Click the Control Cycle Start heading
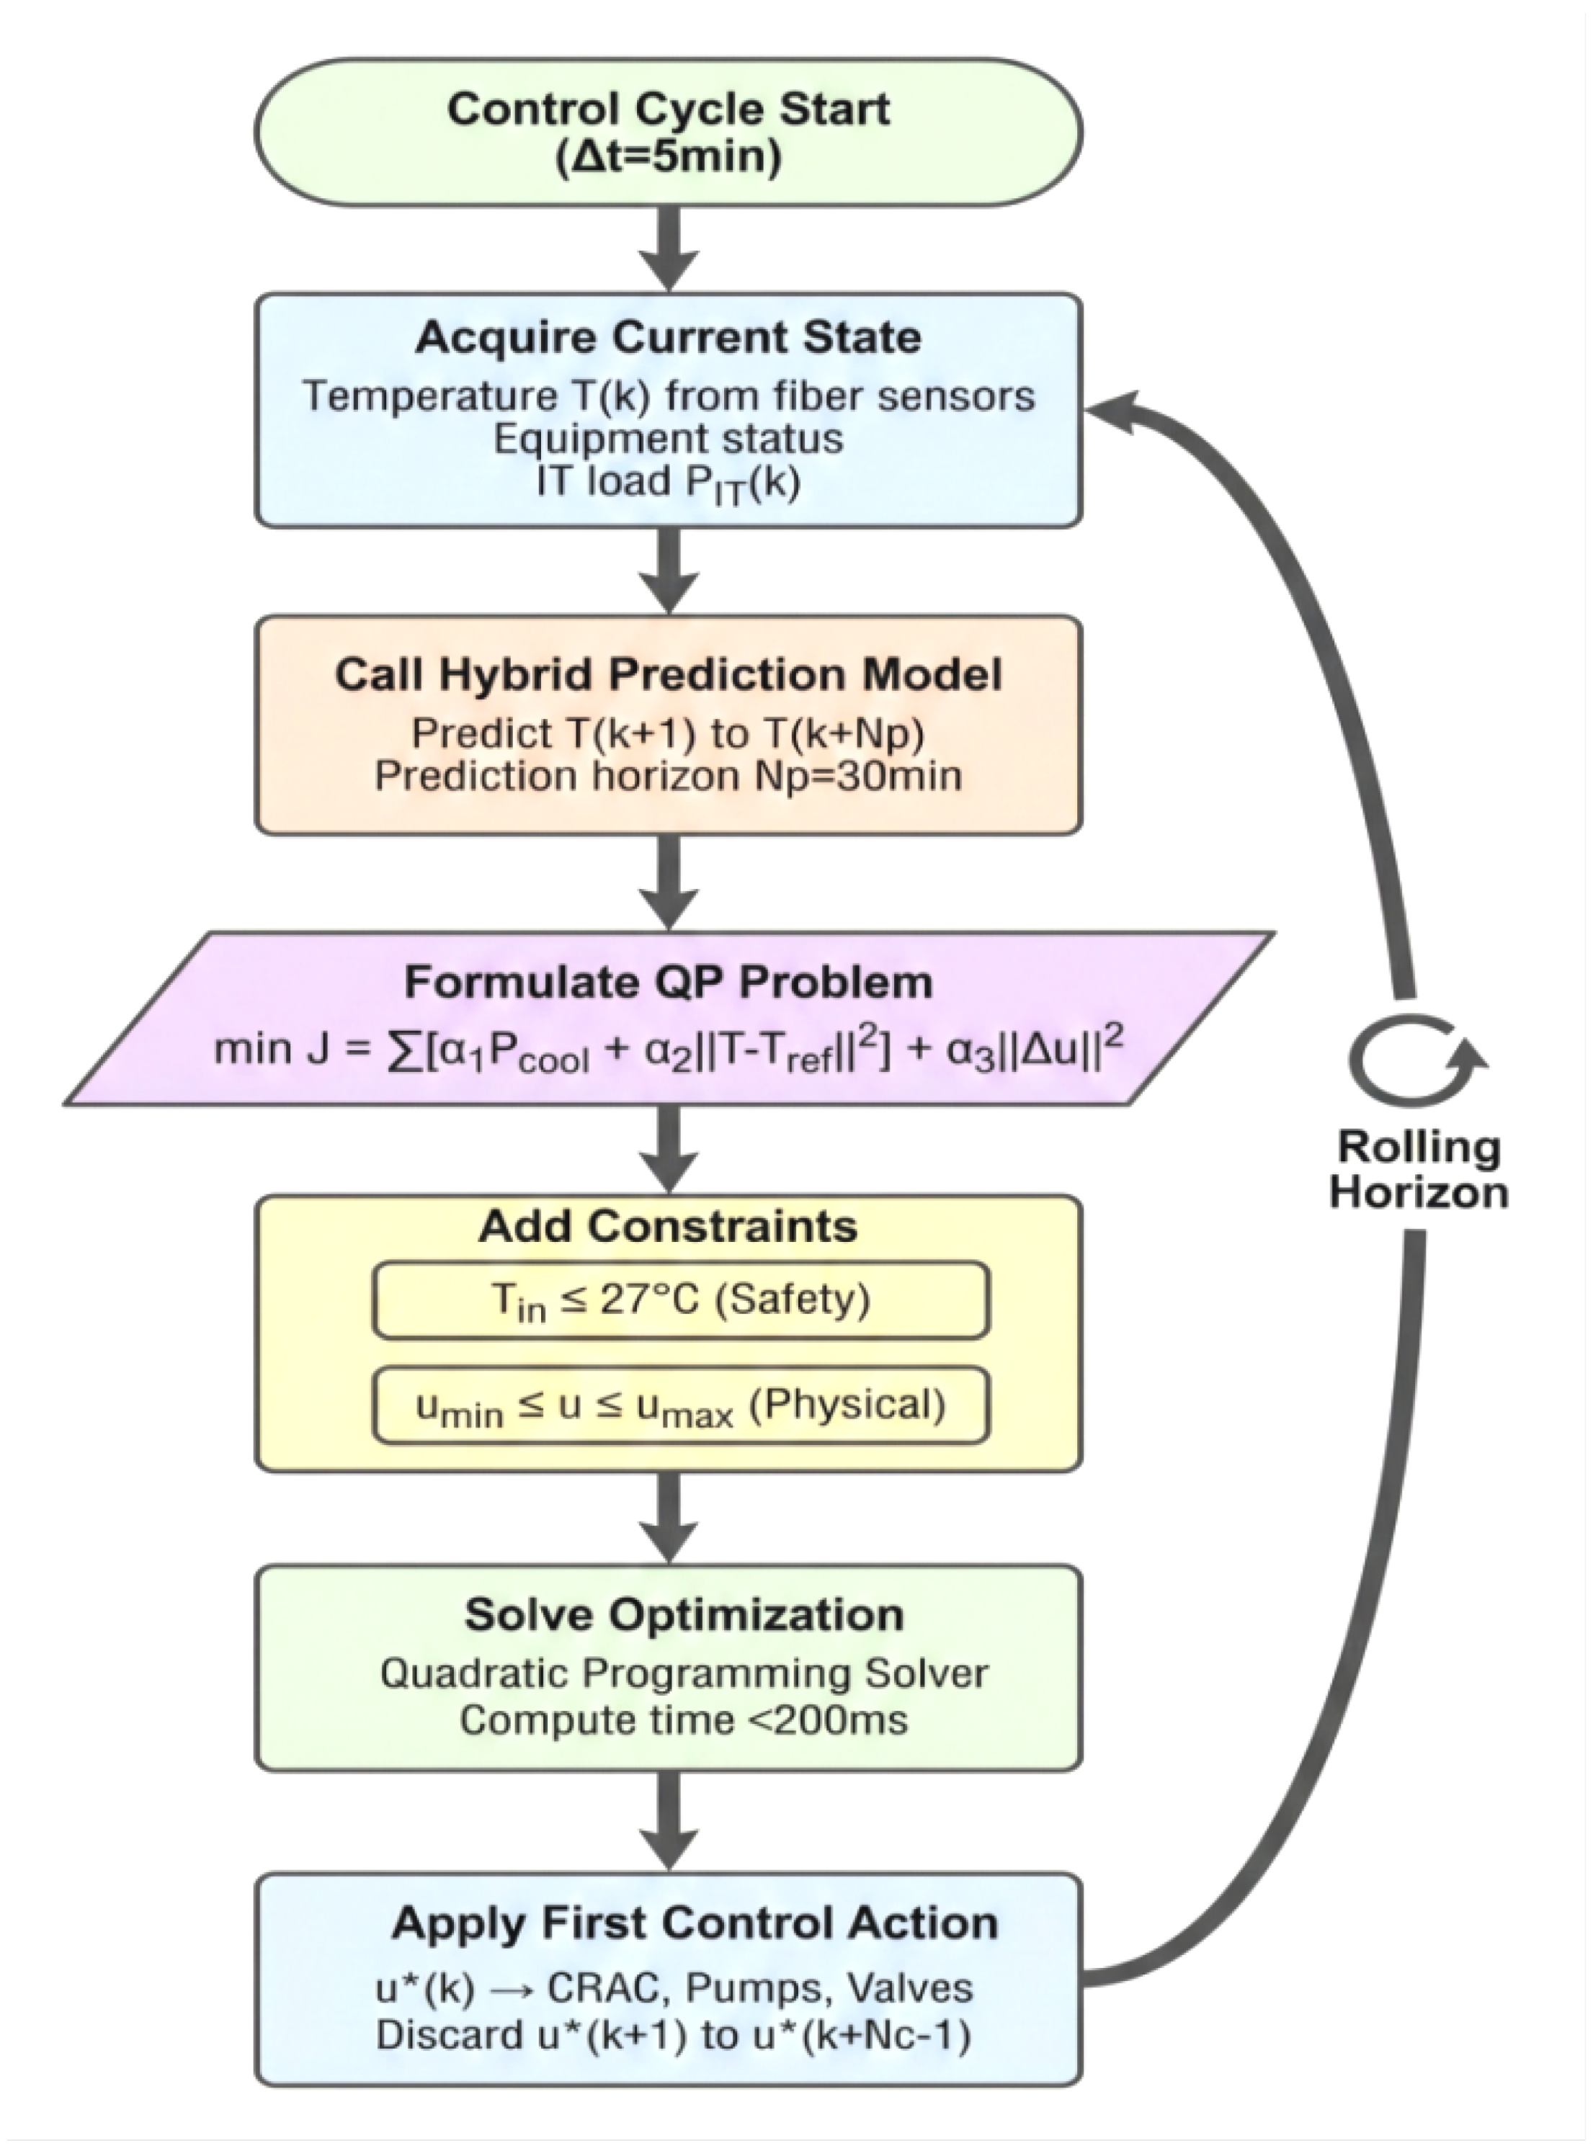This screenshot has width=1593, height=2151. coord(668,108)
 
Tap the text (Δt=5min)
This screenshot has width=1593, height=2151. coord(668,157)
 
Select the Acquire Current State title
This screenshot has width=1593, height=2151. coord(668,337)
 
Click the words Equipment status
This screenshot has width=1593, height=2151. coord(668,439)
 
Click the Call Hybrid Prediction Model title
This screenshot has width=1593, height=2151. coord(668,674)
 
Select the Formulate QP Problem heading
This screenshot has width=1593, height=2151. coord(668,983)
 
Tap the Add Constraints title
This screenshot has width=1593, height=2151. coord(668,1226)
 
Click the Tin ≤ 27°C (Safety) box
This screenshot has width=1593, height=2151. coord(681,1301)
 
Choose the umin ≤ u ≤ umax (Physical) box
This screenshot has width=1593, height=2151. coord(681,1405)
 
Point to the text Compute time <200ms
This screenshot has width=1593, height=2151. coord(683,1720)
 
